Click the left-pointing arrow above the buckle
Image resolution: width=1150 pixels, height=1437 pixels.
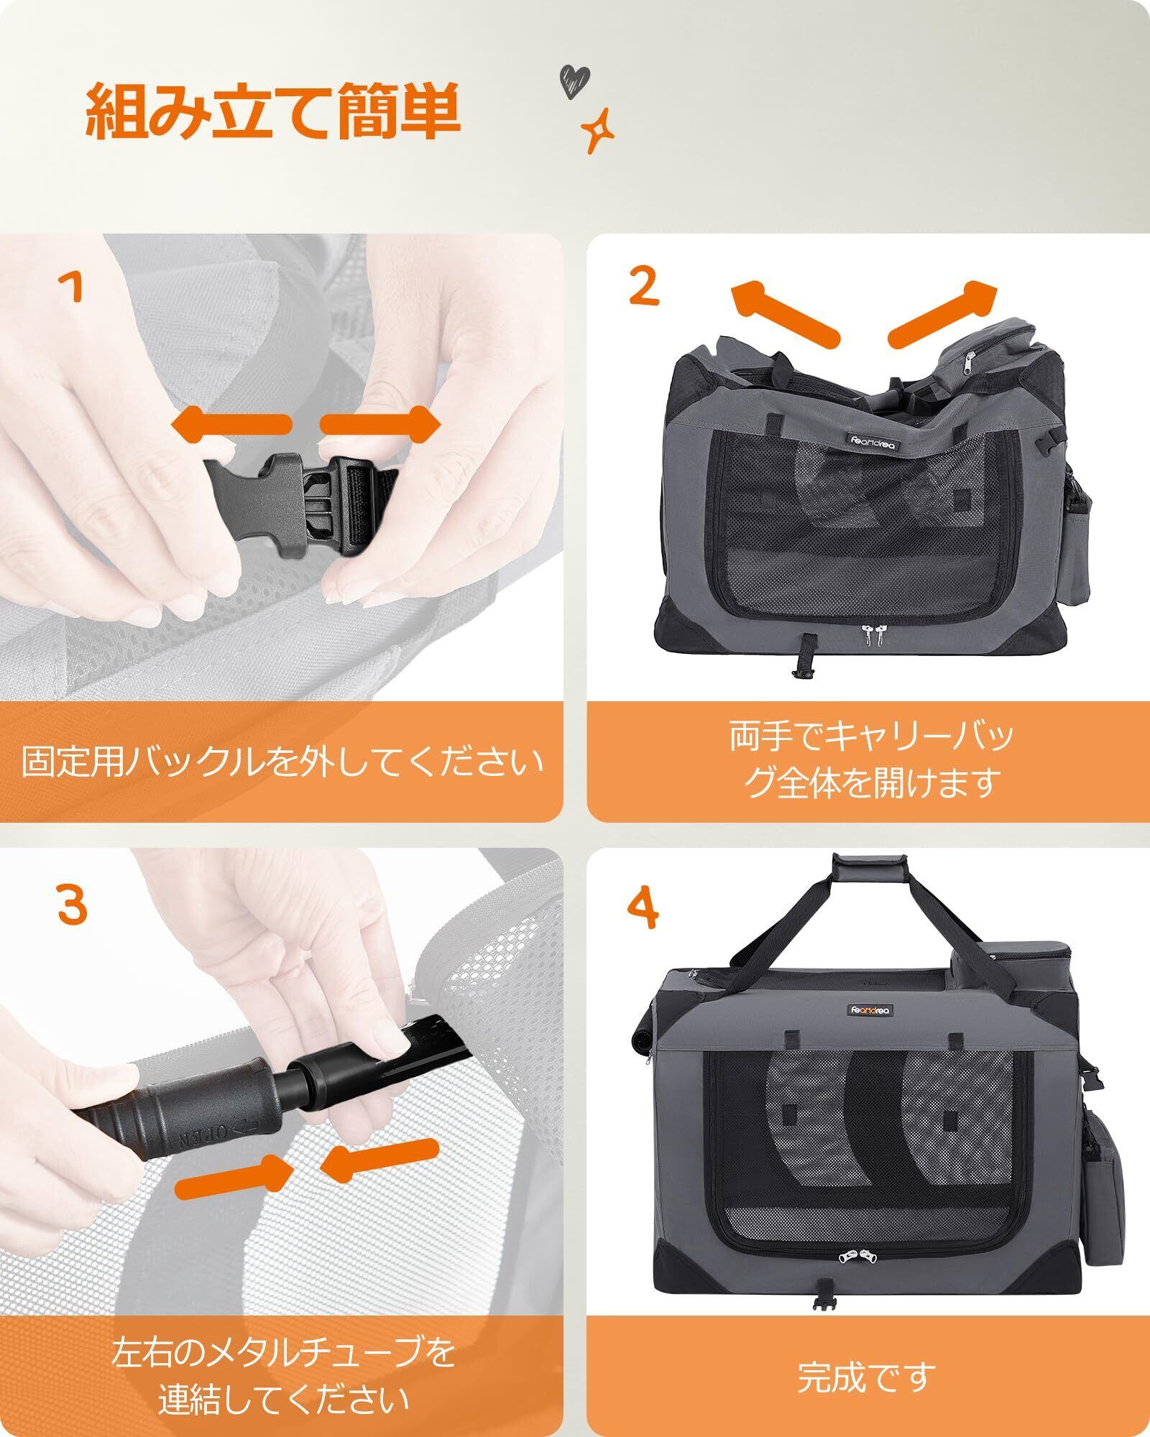coord(231,424)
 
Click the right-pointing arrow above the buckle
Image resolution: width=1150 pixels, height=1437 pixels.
coord(380,424)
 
